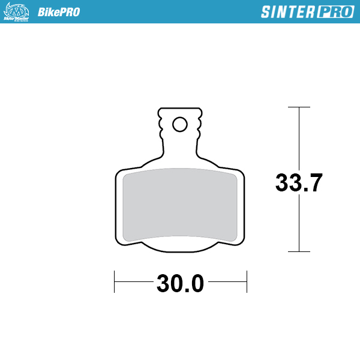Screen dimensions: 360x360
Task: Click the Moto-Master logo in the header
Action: [x=17, y=11]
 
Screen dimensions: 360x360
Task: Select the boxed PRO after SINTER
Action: [x=334, y=12]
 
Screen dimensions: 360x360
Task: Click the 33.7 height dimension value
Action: [x=299, y=182]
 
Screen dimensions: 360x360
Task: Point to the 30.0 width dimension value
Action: [x=180, y=283]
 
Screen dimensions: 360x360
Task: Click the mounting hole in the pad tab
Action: [x=179, y=124]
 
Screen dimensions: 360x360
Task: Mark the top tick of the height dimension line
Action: [x=299, y=107]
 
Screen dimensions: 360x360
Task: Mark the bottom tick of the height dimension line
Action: [x=299, y=251]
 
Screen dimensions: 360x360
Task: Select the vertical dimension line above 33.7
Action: [x=299, y=138]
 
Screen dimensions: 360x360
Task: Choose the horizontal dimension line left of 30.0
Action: [x=134, y=281]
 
